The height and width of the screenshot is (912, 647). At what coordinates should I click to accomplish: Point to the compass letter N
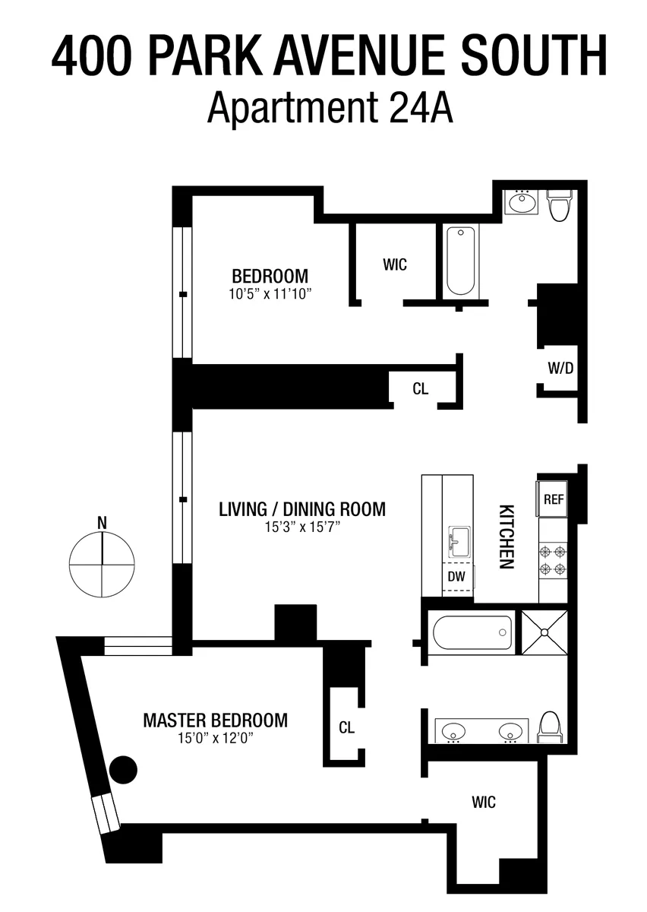point(102,522)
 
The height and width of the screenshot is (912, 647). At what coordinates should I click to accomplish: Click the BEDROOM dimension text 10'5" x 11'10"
point(270,293)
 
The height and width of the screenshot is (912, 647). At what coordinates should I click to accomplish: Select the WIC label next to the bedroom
point(395,264)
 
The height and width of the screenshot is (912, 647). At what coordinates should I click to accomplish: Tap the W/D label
point(560,369)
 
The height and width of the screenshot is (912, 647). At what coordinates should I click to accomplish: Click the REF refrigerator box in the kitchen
point(552,499)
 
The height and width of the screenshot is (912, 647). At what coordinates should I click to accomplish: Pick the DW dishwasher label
point(456,576)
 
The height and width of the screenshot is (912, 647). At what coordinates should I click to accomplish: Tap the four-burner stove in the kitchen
point(552,560)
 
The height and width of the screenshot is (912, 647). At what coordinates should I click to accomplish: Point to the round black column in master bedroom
point(124,771)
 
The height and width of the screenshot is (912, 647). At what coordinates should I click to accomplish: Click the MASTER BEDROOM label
point(215,719)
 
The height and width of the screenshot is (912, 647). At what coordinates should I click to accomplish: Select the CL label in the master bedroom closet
point(346,727)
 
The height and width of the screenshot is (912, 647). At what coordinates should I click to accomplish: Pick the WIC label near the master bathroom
point(484,801)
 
